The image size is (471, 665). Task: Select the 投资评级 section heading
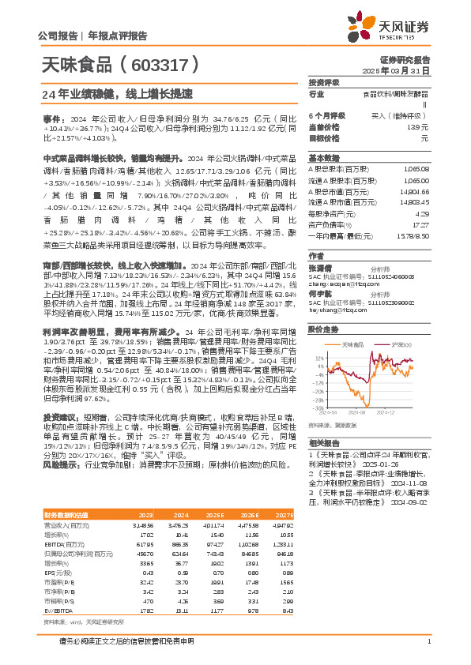[x=323, y=82]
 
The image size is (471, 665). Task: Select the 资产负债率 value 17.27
[x=420, y=225]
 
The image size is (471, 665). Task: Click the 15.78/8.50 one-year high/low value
[x=416, y=235]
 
